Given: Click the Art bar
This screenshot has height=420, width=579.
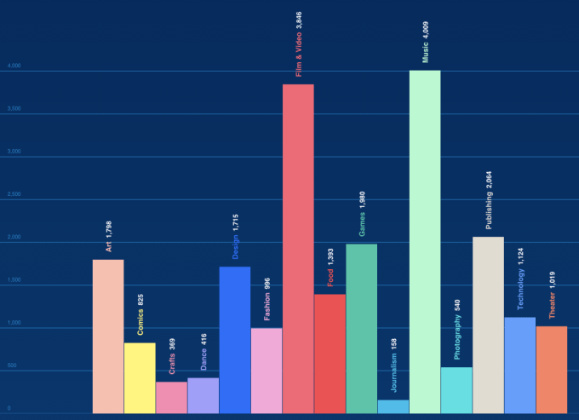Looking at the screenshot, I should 108,337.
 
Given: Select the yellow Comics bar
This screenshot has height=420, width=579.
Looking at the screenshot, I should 140,378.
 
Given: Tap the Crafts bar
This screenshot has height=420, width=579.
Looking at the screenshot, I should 171,397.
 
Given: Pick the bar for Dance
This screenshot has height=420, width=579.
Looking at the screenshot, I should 203,395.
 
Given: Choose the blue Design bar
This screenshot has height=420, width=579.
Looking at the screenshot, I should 234,340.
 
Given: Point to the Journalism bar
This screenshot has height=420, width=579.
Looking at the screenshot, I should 393,406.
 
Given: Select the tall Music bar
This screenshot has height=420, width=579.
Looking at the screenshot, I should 425,242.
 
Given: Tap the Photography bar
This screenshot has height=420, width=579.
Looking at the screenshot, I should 456,390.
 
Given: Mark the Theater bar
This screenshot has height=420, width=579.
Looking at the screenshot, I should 551,370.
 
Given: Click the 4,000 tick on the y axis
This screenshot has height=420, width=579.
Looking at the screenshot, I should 14,66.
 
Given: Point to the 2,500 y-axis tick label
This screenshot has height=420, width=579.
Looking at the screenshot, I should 14,195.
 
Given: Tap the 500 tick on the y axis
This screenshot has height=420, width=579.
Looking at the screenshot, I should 12,366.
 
